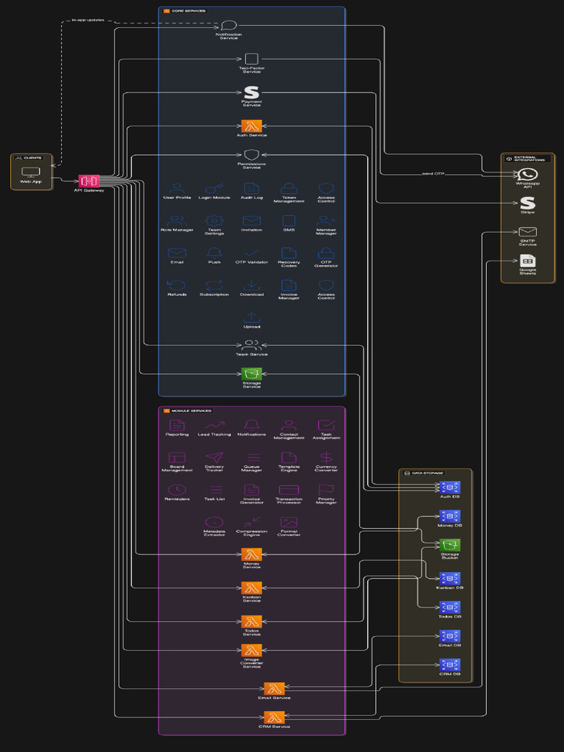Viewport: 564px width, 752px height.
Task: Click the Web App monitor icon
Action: (x=31, y=173)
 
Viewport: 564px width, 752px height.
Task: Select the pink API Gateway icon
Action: (x=89, y=181)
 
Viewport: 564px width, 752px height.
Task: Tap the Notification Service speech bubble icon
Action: (x=228, y=26)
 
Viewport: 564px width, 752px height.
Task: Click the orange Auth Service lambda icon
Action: (x=251, y=126)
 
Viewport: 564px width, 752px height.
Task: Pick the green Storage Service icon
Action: (x=251, y=374)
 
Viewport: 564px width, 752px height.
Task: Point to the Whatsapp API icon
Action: (x=527, y=175)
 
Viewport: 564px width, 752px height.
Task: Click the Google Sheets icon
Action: (x=527, y=261)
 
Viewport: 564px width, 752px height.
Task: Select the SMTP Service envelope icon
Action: (x=527, y=232)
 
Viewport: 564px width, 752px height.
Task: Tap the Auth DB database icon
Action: (x=449, y=488)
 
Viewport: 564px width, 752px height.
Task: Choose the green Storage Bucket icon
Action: (x=449, y=545)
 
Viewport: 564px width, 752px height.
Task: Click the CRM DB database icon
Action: (x=449, y=665)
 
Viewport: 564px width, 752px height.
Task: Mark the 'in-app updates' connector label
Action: (x=87, y=20)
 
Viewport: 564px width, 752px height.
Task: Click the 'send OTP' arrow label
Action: (x=433, y=173)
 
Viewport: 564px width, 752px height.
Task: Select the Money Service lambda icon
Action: (x=251, y=554)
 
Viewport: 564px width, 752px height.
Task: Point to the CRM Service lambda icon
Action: (x=274, y=717)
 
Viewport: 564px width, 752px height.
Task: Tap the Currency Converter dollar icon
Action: (x=326, y=458)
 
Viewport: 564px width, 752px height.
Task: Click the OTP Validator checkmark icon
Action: (x=251, y=253)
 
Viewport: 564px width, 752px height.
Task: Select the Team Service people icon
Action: (x=251, y=344)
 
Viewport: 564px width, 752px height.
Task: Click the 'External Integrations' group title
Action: (x=529, y=158)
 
